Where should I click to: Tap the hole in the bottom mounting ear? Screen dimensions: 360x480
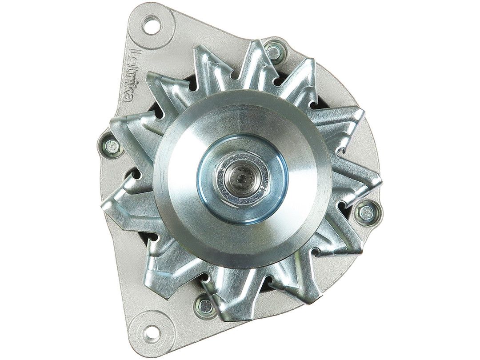coord(152,331)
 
